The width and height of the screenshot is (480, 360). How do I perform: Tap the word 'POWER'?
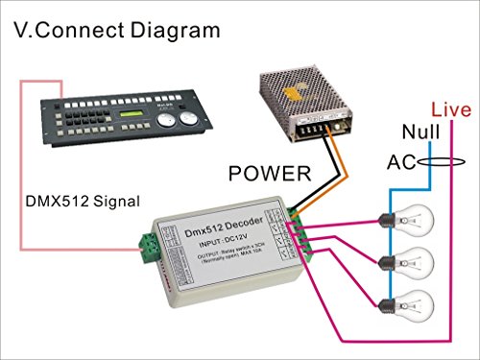[x=269, y=174]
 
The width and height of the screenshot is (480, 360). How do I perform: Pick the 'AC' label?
[x=401, y=162]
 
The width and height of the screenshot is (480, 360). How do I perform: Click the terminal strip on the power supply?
[x=316, y=126]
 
